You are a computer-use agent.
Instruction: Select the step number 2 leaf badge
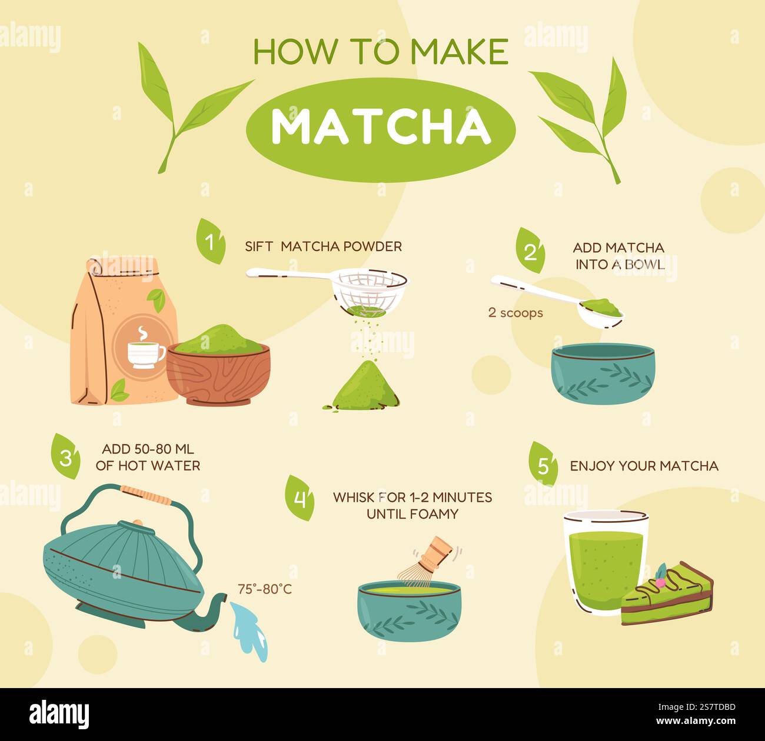pos(530,251)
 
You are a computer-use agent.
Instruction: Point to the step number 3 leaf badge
pos(65,456)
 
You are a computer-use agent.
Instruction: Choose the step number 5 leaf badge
pos(543,465)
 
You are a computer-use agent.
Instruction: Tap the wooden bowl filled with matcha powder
pos(218,370)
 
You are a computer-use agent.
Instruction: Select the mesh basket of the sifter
pos(369,291)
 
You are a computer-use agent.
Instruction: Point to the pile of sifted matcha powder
pos(365,385)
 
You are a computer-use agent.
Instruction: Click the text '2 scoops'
pos(515,313)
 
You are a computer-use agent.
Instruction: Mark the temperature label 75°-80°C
pos(265,589)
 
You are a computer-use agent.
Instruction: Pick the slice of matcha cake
pos(666,594)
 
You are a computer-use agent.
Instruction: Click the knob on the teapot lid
pos(137,522)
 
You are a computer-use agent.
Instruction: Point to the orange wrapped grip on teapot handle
pos(146,494)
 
